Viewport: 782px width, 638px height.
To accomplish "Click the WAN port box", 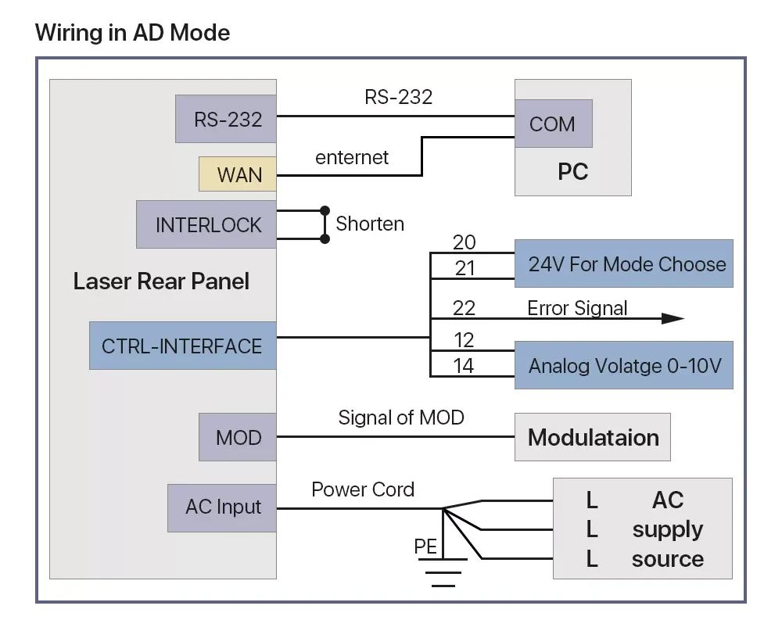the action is [238, 174].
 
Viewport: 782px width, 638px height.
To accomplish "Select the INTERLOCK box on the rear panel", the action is [206, 224].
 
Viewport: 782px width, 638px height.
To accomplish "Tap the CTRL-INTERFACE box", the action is [182, 346].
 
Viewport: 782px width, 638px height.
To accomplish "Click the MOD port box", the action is [238, 437].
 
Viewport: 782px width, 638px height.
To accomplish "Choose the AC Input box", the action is [222, 507].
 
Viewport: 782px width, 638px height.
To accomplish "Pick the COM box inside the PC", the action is [554, 124].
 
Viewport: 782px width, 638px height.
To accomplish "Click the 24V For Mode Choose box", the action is [624, 263].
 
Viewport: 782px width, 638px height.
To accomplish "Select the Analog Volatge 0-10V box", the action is [624, 365].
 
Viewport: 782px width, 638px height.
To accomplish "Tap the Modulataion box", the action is [593, 437].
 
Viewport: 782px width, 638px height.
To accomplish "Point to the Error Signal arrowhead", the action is [673, 318].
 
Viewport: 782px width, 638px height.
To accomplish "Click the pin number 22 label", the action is [464, 308].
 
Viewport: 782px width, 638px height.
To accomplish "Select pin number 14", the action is [463, 366].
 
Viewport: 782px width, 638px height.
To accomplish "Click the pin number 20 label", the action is [465, 242].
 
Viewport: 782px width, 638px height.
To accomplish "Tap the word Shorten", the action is [370, 224].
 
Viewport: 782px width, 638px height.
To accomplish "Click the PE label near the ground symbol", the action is [425, 547].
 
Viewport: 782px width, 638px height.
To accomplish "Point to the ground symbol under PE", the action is [443, 572].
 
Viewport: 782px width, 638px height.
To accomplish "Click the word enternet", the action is [352, 158].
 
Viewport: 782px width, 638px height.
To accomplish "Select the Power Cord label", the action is [363, 490].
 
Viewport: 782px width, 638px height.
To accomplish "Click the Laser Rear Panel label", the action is [161, 281].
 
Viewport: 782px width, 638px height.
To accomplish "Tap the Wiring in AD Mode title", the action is [133, 33].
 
